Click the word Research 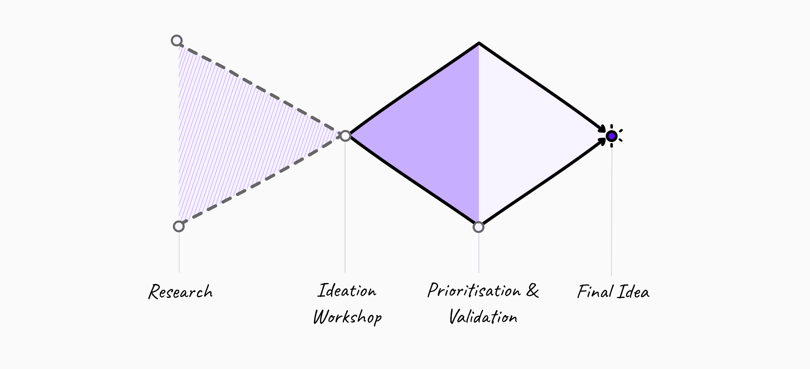180,292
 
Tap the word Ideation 347,291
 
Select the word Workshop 347,317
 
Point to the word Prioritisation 474,291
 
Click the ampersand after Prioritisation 532,291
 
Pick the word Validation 483,317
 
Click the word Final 595,292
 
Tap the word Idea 633,292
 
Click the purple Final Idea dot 611,136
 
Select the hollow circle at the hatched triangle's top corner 177,41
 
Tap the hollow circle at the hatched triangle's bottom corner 178,227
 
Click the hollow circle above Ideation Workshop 345,136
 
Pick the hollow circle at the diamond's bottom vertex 479,227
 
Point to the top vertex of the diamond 479,44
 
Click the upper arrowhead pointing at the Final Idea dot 602,128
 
